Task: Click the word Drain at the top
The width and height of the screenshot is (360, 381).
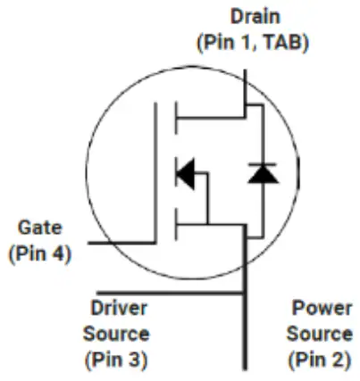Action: click(x=255, y=16)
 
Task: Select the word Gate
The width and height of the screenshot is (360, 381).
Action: click(x=40, y=228)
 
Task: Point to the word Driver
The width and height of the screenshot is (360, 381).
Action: click(x=119, y=308)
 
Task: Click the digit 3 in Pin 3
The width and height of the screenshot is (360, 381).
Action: click(x=134, y=360)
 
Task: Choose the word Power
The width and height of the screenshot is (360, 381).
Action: click(x=322, y=308)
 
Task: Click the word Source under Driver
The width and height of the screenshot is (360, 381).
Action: click(x=116, y=334)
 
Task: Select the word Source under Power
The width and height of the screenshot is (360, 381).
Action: click(x=320, y=334)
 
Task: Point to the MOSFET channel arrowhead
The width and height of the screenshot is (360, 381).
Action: click(x=186, y=174)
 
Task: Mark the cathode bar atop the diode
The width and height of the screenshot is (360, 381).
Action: click(x=263, y=164)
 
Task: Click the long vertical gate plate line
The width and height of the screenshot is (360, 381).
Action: click(x=155, y=173)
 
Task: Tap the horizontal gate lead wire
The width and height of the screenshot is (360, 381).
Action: click(x=121, y=243)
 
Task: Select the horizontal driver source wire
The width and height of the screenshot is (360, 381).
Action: click(x=171, y=294)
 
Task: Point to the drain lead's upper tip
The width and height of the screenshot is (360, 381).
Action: click(x=245, y=70)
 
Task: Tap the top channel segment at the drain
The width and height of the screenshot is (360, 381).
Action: click(x=176, y=118)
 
